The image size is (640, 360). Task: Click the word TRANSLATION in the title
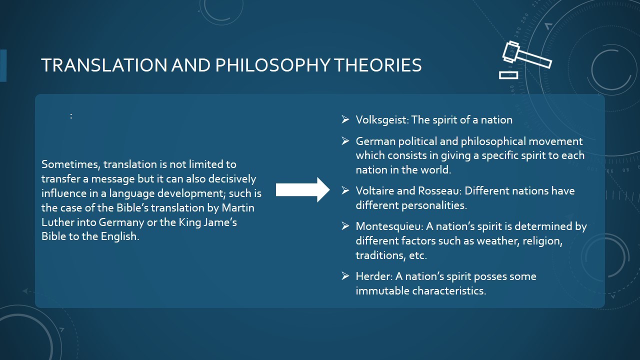(104, 65)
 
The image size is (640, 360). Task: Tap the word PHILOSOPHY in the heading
(272, 65)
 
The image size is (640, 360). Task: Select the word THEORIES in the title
(377, 65)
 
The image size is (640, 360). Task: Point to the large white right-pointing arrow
(302, 189)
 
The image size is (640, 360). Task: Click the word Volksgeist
(382, 120)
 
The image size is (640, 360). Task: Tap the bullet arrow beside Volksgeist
(345, 119)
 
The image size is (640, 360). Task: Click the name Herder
(374, 276)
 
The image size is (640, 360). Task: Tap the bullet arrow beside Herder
(345, 275)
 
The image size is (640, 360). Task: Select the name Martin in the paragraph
(238, 207)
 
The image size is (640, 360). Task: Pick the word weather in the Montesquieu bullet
(497, 241)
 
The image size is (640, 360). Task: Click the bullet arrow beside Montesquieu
(345, 225)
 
